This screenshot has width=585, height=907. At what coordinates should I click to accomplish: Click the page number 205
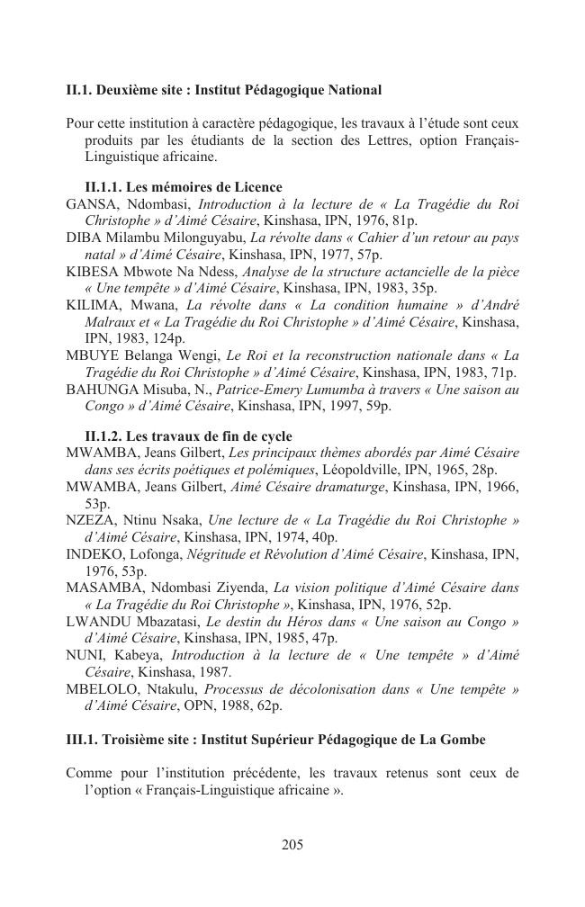[292, 844]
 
